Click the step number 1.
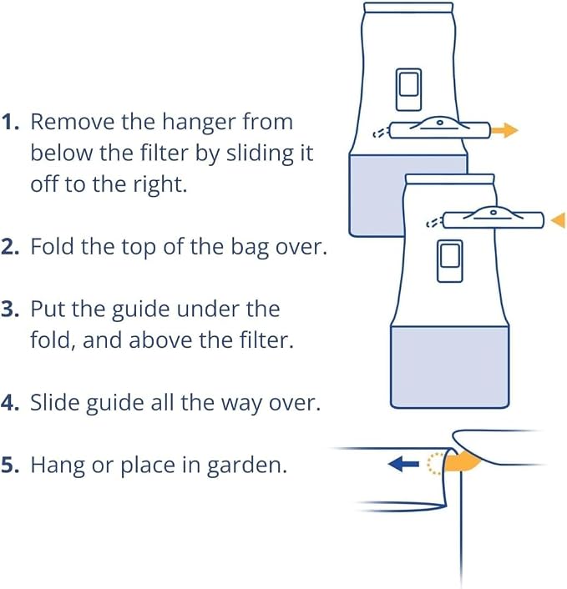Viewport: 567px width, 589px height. [10, 122]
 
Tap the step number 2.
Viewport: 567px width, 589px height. [10, 247]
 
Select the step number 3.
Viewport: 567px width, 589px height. [10, 310]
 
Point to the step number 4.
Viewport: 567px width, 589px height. [10, 403]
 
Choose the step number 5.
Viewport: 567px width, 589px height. [10, 465]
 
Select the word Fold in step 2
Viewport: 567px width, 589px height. [52, 247]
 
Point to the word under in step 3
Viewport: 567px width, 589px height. [208, 310]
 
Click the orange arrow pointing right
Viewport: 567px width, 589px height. [504, 130]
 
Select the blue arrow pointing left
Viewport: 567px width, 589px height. [403, 465]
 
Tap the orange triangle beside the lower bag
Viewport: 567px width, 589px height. [559, 220]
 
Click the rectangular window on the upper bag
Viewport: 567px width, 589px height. [408, 89]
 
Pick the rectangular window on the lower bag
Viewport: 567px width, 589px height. [450, 260]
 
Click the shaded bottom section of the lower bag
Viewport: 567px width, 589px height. [450, 367]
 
